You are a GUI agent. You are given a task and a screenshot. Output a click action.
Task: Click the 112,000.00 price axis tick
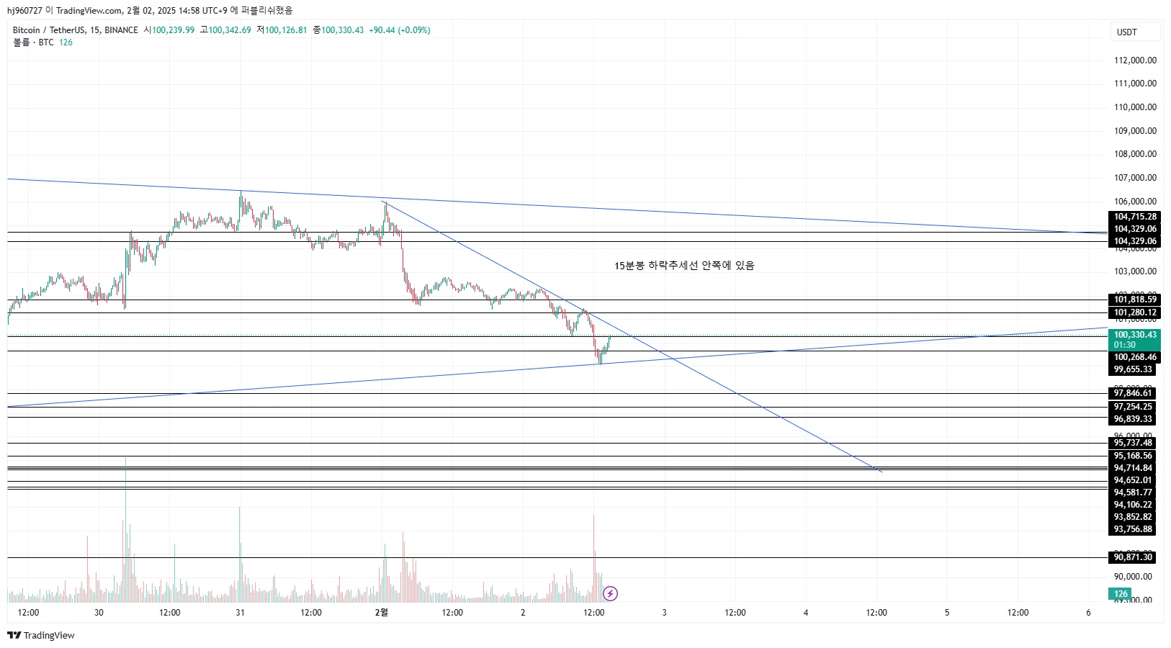tap(1135, 60)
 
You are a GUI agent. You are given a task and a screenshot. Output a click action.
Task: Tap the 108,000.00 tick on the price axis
tap(1135, 154)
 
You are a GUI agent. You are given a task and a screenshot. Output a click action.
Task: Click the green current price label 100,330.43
tap(1135, 335)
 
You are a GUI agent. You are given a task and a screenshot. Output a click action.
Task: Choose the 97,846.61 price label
tap(1133, 393)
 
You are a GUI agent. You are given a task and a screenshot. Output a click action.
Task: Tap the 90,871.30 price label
tap(1133, 557)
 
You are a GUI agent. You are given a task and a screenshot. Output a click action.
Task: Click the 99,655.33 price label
tap(1133, 369)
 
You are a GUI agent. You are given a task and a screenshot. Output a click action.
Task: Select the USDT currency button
tap(1127, 32)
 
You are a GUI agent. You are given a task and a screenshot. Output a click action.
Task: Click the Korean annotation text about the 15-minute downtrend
tap(684, 266)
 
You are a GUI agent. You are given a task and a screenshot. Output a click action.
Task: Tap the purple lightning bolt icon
tap(610, 593)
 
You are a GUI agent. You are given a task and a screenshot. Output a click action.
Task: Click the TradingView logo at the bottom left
tap(41, 635)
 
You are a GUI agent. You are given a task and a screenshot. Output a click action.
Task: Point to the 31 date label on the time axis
tap(240, 613)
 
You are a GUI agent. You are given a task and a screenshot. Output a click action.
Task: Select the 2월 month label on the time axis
tap(382, 613)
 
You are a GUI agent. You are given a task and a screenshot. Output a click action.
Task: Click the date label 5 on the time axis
tap(947, 613)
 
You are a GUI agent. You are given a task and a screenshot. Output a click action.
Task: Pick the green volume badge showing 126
tap(1121, 594)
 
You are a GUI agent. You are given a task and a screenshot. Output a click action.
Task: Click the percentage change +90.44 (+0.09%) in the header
tap(399, 30)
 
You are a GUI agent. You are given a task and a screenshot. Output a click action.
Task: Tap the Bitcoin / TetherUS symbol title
tap(75, 30)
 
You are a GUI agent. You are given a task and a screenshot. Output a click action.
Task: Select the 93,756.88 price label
tap(1133, 529)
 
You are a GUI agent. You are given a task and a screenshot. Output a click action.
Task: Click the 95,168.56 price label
tap(1133, 456)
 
